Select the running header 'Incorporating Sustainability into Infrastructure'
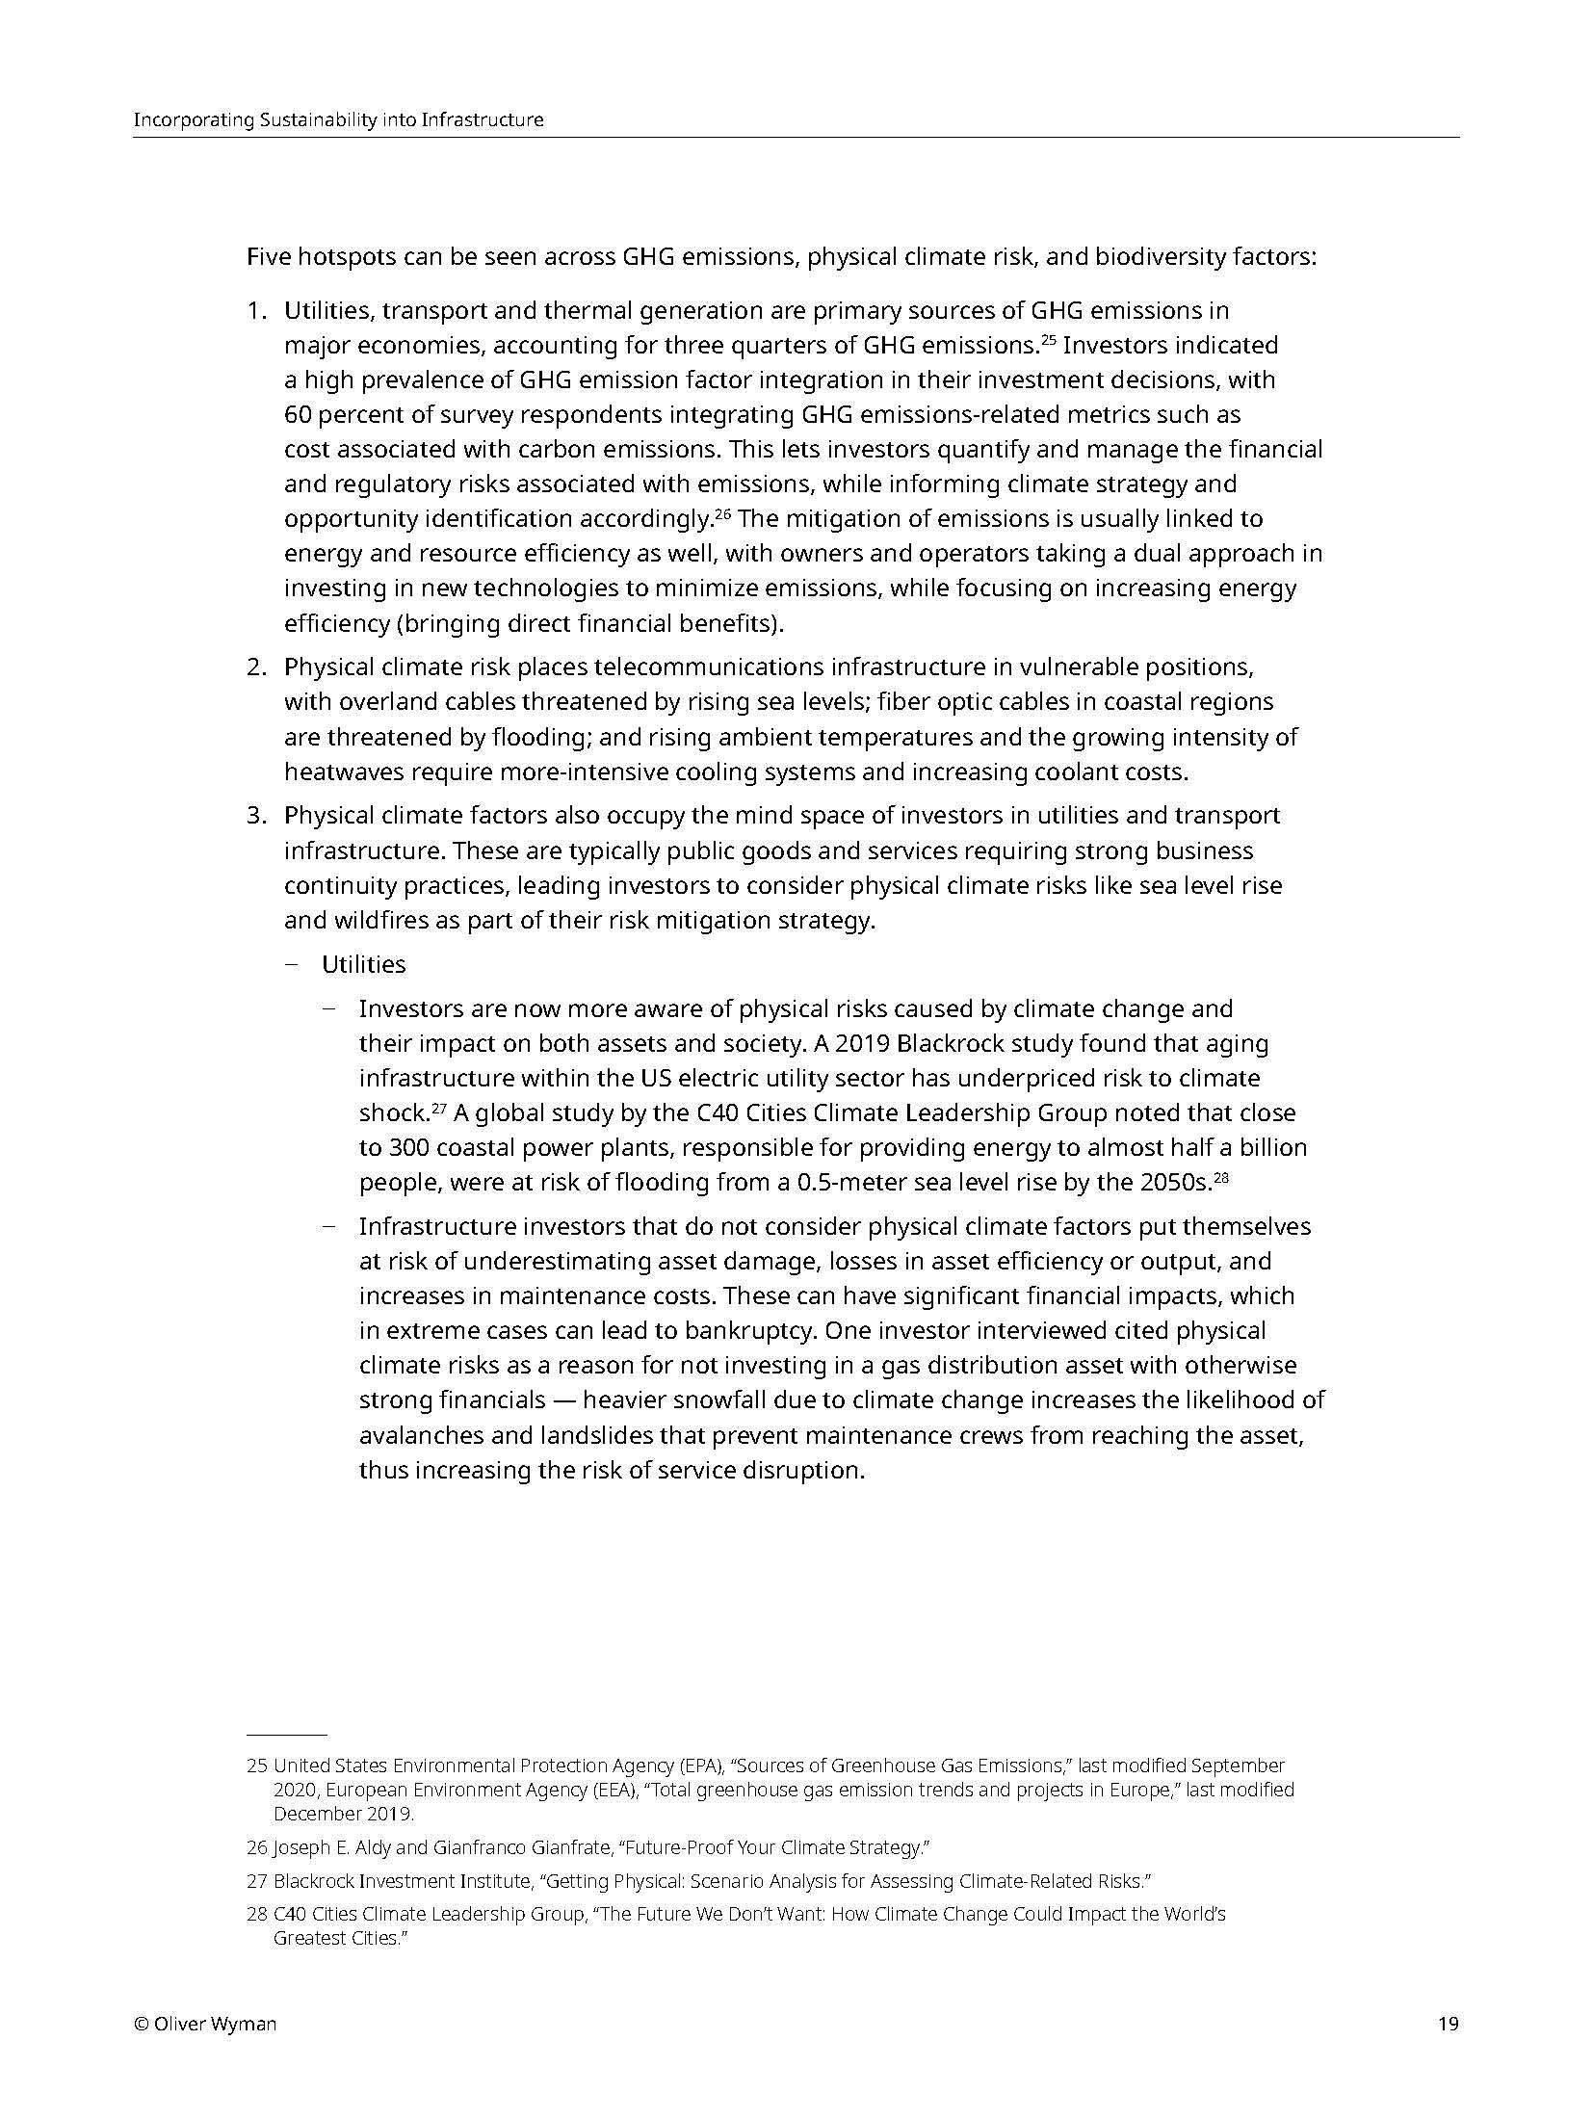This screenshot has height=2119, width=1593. (x=338, y=120)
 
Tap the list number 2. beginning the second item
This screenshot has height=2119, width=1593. (x=255, y=667)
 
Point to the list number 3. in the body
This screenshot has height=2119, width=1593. (x=255, y=816)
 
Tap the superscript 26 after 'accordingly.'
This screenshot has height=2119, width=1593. (x=723, y=512)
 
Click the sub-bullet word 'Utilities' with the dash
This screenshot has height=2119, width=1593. (x=363, y=964)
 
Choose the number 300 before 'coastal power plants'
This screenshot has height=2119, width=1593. (x=408, y=1148)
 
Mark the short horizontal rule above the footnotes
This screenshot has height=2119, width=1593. (x=287, y=1734)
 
